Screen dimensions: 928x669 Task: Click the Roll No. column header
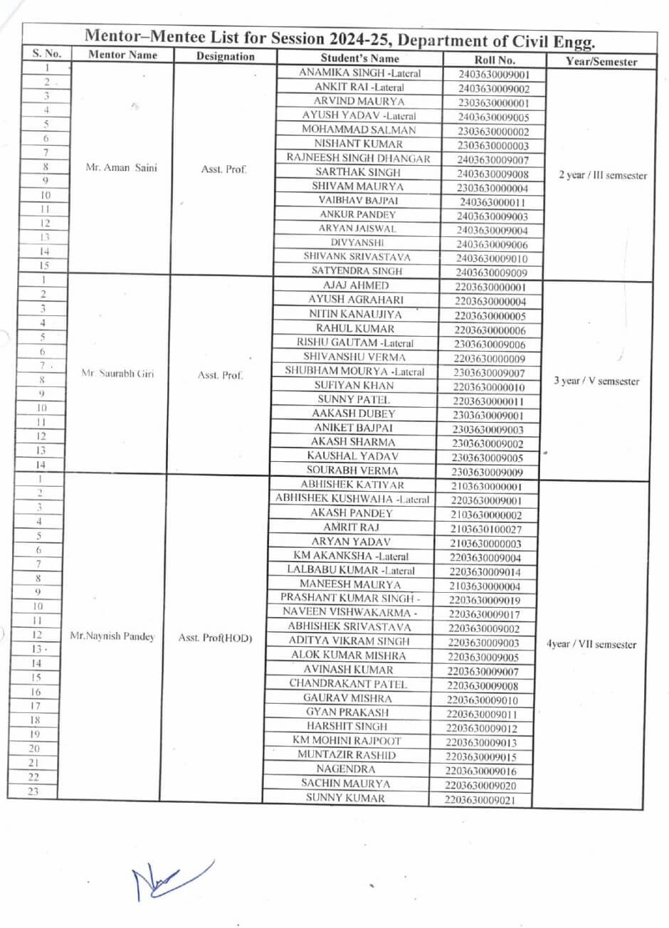click(494, 60)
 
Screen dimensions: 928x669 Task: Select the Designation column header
click(225, 56)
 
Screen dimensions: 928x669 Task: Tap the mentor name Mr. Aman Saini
click(122, 169)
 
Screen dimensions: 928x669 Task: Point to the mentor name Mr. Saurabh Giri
click(117, 373)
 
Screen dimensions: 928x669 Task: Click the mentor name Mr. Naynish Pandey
click(112, 636)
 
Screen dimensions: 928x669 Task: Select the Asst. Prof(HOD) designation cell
click(215, 638)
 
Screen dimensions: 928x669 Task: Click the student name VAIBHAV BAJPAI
click(358, 201)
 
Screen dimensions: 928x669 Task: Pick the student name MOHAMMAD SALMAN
click(359, 130)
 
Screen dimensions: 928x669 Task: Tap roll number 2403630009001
click(494, 75)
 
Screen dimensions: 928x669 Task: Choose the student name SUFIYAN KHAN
click(354, 385)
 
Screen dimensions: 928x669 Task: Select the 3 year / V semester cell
click(596, 381)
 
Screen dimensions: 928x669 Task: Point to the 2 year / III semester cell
click(603, 175)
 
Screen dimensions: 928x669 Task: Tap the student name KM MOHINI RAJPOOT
click(347, 741)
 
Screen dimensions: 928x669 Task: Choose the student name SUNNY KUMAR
click(345, 798)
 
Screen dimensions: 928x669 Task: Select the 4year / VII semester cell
click(591, 645)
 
